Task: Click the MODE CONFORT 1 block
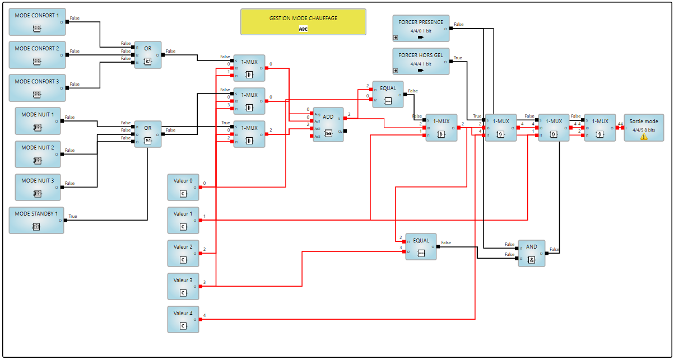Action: point(37,22)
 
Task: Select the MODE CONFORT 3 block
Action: point(37,87)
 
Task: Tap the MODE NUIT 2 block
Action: point(38,154)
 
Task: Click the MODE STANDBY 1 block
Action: point(37,219)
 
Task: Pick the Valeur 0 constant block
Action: point(183,187)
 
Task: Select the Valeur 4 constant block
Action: point(183,319)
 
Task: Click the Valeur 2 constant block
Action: point(183,253)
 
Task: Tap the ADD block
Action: point(328,124)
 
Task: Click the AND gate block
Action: point(531,253)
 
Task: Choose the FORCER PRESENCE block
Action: point(421,29)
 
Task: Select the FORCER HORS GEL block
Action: point(421,62)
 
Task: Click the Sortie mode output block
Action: point(643,128)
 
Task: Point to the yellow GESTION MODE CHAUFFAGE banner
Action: point(303,22)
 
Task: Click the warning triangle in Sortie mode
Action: point(644,136)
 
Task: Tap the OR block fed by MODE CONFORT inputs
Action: point(148,55)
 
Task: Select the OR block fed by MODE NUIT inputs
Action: point(148,134)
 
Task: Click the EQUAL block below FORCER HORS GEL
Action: point(388,95)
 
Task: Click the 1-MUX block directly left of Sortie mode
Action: point(599,128)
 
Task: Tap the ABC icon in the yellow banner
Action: point(303,29)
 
